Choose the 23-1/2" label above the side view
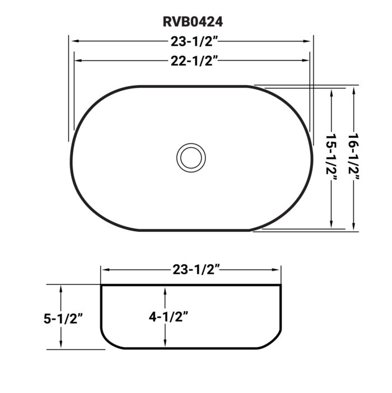(191, 270)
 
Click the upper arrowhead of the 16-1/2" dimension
(354, 90)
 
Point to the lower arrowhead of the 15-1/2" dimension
(333, 226)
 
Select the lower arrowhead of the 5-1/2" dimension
(62, 345)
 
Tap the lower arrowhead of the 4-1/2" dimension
(166, 344)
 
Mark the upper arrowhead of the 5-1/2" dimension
(62, 287)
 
